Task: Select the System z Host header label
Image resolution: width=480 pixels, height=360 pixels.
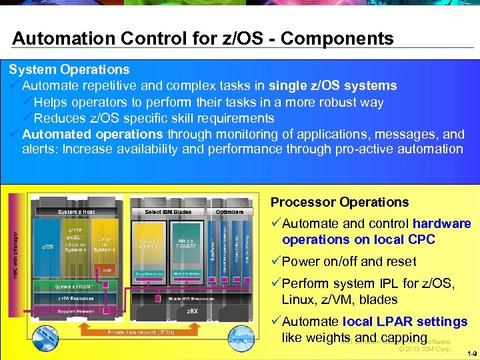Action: pyautogui.click(x=76, y=212)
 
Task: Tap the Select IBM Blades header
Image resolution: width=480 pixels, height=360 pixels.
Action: pyautogui.click(x=168, y=212)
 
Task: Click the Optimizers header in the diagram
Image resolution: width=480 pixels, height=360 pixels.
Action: pyautogui.click(x=229, y=212)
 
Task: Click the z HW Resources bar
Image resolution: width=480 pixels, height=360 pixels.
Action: pyautogui.click(x=75, y=298)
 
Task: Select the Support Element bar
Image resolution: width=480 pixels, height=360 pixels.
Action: pyautogui.click(x=75, y=311)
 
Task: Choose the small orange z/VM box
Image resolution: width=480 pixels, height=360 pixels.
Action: pyautogui.click(x=107, y=271)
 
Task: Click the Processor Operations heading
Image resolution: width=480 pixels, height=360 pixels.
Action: pyautogui.click(x=339, y=202)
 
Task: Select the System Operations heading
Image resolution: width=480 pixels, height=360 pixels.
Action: pyautogui.click(x=69, y=69)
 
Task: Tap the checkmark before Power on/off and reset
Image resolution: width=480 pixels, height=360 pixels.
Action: pyautogui.click(x=275, y=261)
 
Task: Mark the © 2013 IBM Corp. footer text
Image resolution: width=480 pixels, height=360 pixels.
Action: pyautogui.click(x=424, y=349)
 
